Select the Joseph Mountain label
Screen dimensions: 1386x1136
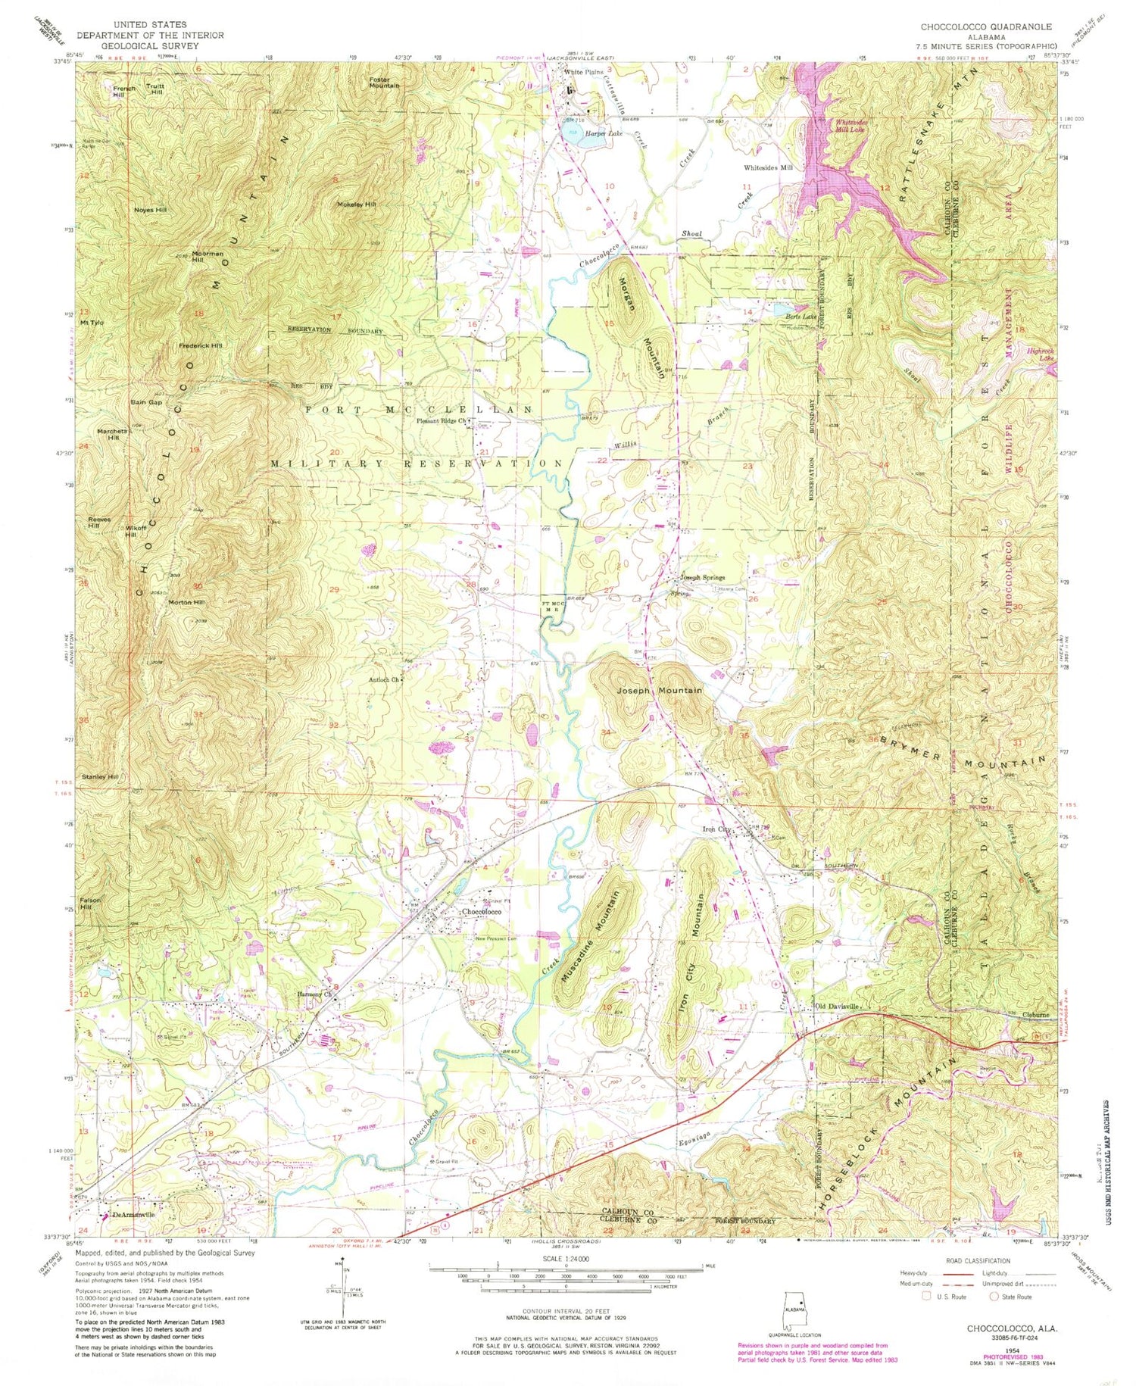659,690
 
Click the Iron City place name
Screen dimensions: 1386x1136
716,829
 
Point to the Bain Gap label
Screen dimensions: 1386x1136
146,402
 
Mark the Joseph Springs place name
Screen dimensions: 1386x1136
702,577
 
